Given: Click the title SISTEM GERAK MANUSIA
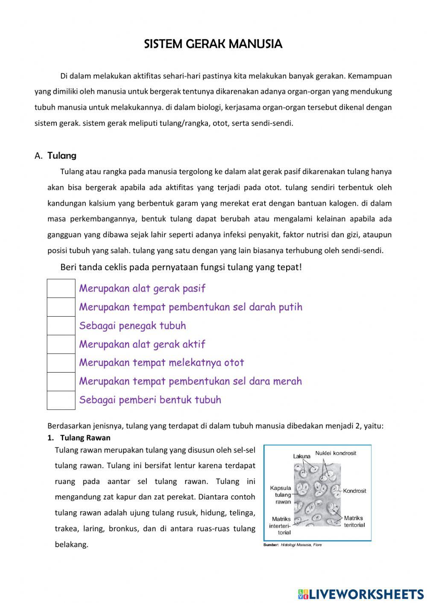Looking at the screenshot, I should coord(213,44).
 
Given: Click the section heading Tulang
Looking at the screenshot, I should coord(62,156).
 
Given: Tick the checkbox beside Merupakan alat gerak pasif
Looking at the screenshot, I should coord(61,288).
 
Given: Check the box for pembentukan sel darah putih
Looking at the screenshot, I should coord(61,307).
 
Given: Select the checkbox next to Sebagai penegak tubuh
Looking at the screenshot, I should coord(61,326).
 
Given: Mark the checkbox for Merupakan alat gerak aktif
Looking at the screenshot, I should coord(61,344).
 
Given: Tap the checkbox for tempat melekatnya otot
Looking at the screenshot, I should coord(61,363).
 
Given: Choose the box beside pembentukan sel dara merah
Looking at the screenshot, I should coord(61,382).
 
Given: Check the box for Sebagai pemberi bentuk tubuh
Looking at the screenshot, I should coord(61,400).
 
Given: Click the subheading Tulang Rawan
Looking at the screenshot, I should coord(85,438).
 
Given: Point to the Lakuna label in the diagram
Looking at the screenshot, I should coord(301,456).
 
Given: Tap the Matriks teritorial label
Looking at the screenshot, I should coord(354,521).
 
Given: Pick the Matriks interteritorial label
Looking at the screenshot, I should coord(281,526).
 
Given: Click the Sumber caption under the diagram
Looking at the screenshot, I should coord(292,545).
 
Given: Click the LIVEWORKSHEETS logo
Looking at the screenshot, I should coord(361,594).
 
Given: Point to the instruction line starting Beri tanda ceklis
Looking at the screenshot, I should coord(181,268).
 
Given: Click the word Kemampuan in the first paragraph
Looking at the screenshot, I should coord(370,76).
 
